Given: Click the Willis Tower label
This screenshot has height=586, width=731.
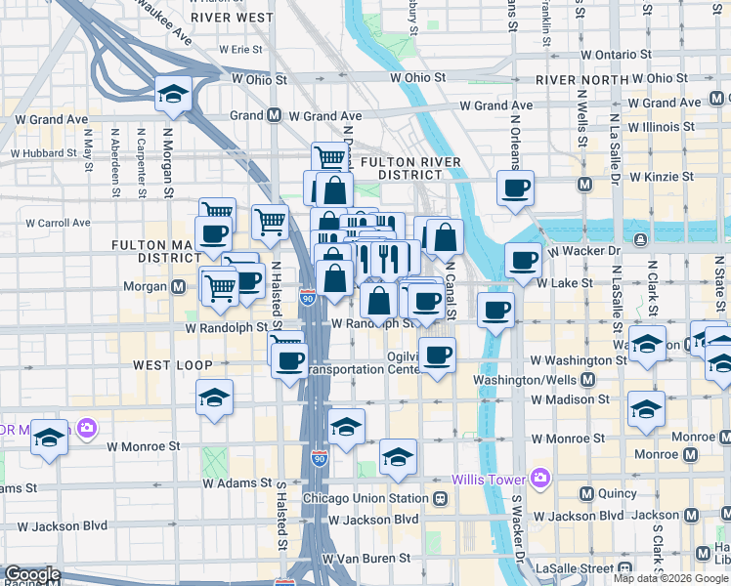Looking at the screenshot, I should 488,479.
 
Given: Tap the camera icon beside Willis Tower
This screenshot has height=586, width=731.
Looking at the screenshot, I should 539,478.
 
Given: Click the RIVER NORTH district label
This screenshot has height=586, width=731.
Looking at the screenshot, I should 583,80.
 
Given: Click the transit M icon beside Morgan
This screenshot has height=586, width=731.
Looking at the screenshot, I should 179,286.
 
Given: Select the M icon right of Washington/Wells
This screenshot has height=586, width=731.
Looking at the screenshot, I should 588,380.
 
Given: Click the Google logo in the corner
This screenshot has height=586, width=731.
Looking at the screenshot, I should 31,574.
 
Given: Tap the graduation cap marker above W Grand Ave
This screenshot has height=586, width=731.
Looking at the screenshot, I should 172,94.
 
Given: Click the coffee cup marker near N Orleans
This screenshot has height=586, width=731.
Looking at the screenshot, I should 514,188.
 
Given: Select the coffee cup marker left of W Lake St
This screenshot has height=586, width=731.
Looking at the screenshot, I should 523,260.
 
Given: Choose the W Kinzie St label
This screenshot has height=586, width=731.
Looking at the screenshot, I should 662,177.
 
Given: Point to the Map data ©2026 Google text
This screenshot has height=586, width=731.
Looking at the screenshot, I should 671,578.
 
